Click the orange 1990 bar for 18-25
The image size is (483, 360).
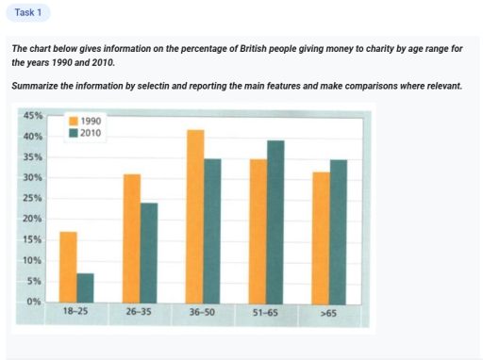point(67,267)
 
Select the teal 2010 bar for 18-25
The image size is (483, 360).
point(85,287)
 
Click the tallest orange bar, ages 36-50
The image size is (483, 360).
point(195,216)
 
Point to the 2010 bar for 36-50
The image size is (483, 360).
point(213,230)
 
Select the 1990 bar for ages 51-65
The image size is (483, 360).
point(258,230)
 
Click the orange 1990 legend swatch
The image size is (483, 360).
point(75,122)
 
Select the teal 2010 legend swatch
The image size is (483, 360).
point(75,133)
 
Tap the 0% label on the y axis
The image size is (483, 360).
point(35,302)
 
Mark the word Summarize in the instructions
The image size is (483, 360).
point(37,86)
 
